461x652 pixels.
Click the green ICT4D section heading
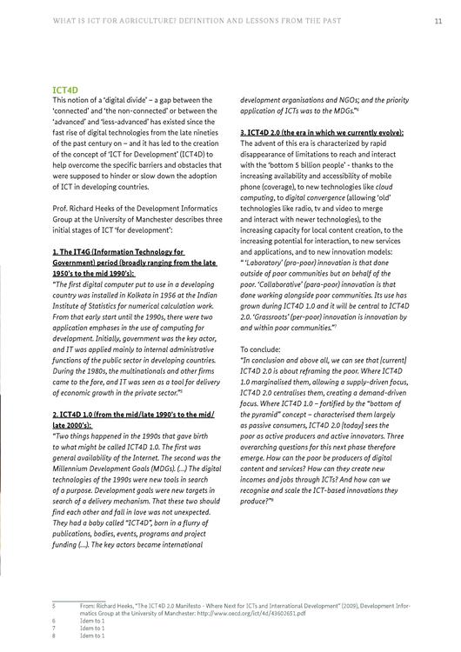(x=66, y=90)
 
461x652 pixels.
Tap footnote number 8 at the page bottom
(x=54, y=636)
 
